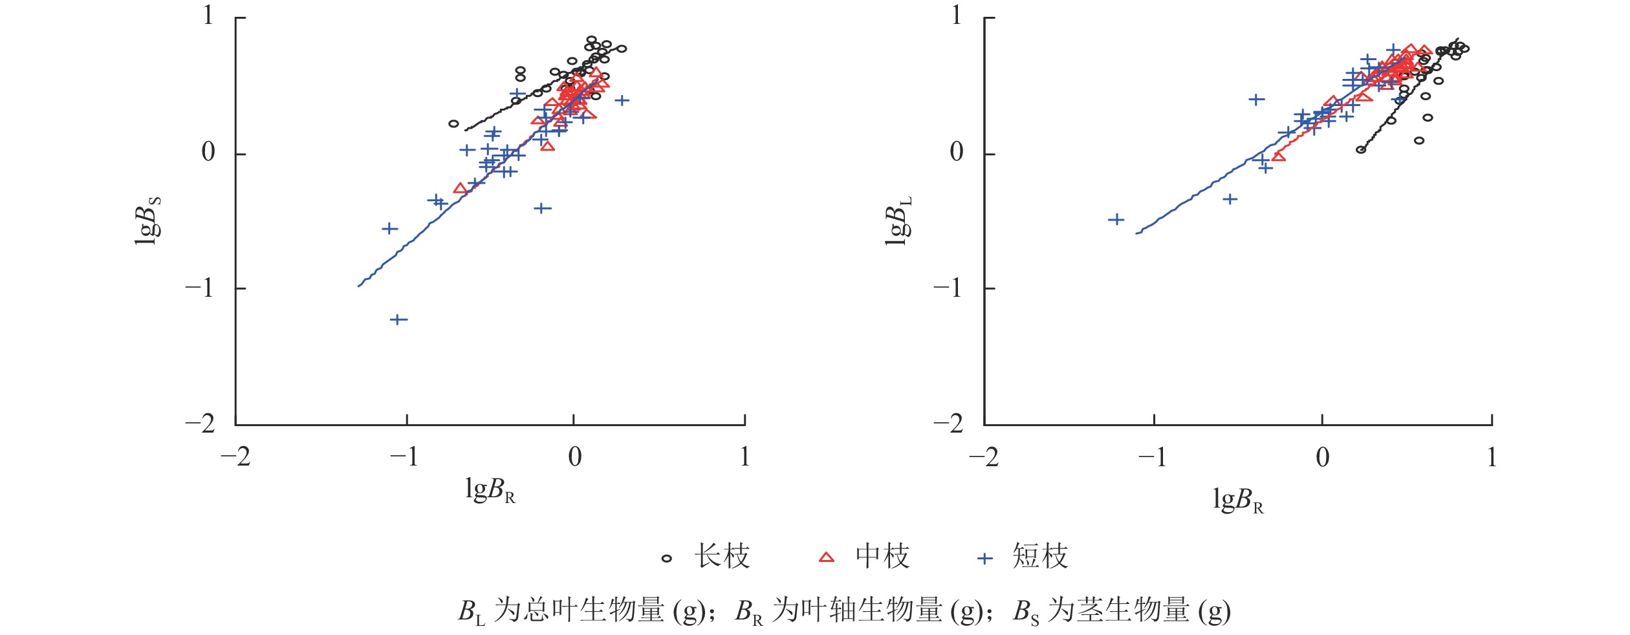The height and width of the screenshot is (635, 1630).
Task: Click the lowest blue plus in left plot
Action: (398, 319)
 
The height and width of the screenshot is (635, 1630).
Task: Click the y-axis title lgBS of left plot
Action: (147, 220)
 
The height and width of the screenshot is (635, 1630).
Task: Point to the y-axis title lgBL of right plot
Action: (897, 220)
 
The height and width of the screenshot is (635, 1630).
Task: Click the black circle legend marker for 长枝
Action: (667, 558)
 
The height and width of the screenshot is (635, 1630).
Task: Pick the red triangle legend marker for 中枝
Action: (827, 557)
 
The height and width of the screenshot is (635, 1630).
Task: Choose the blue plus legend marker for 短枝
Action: (984, 558)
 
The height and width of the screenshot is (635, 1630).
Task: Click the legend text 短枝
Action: (1040, 557)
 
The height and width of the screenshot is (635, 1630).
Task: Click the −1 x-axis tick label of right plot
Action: (1153, 458)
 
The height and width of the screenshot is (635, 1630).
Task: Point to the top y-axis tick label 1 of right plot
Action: (957, 16)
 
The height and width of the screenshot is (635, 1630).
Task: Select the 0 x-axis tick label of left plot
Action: (574, 457)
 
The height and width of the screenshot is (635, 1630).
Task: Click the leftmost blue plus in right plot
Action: (1116, 220)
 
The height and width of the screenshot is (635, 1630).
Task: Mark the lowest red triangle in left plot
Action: (460, 188)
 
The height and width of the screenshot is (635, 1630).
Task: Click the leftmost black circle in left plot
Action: (453, 124)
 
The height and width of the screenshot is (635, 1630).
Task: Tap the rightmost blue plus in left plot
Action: (622, 100)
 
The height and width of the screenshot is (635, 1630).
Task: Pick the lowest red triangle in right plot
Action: (1278, 156)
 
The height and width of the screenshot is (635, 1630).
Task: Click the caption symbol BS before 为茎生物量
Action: (1026, 611)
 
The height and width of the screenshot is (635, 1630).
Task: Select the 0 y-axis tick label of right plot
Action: (956, 153)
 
